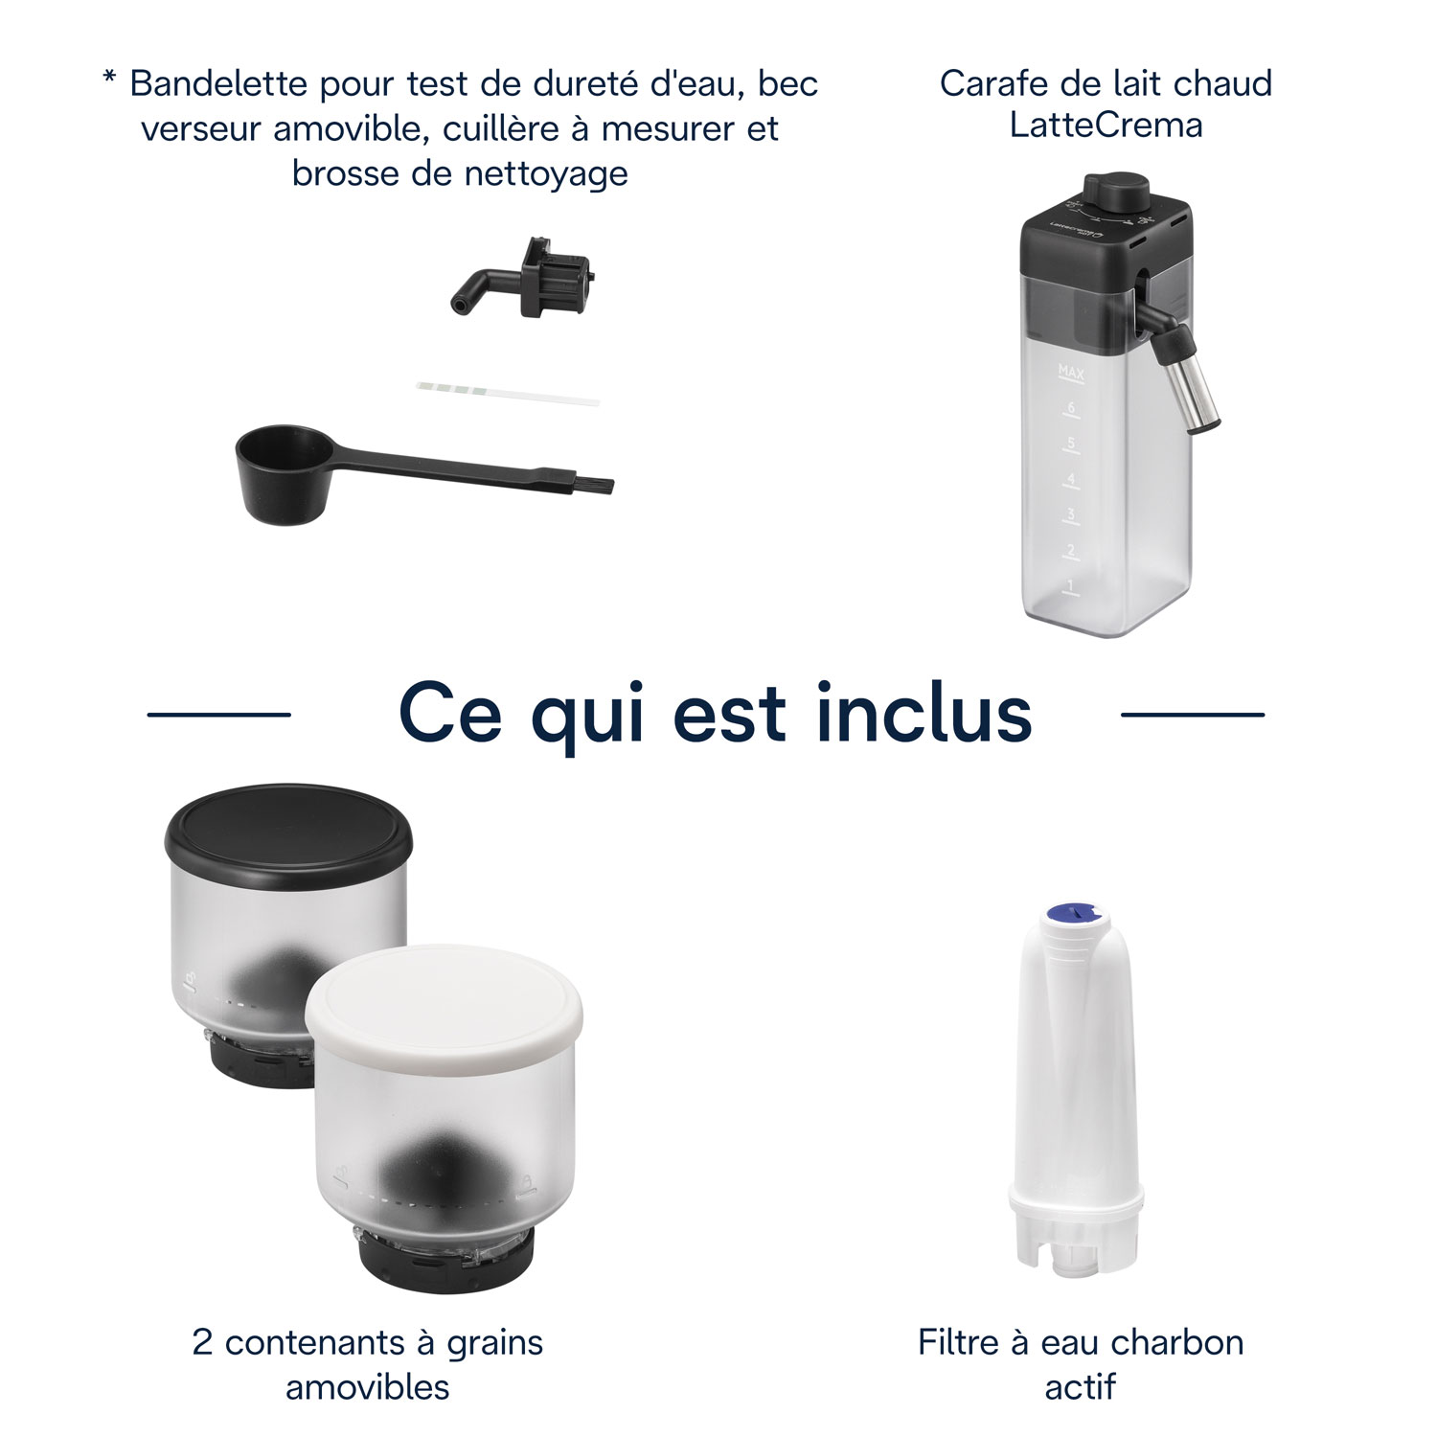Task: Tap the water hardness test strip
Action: [508, 393]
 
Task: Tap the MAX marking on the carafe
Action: [1070, 370]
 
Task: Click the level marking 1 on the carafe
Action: [1071, 584]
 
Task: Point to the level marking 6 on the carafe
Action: [1071, 407]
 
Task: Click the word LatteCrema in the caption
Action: [1106, 125]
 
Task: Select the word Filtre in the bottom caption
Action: [959, 1342]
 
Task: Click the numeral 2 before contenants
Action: [202, 1342]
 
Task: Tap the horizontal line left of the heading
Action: [218, 714]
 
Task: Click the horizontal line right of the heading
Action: [1192, 714]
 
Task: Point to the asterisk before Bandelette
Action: [109, 77]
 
